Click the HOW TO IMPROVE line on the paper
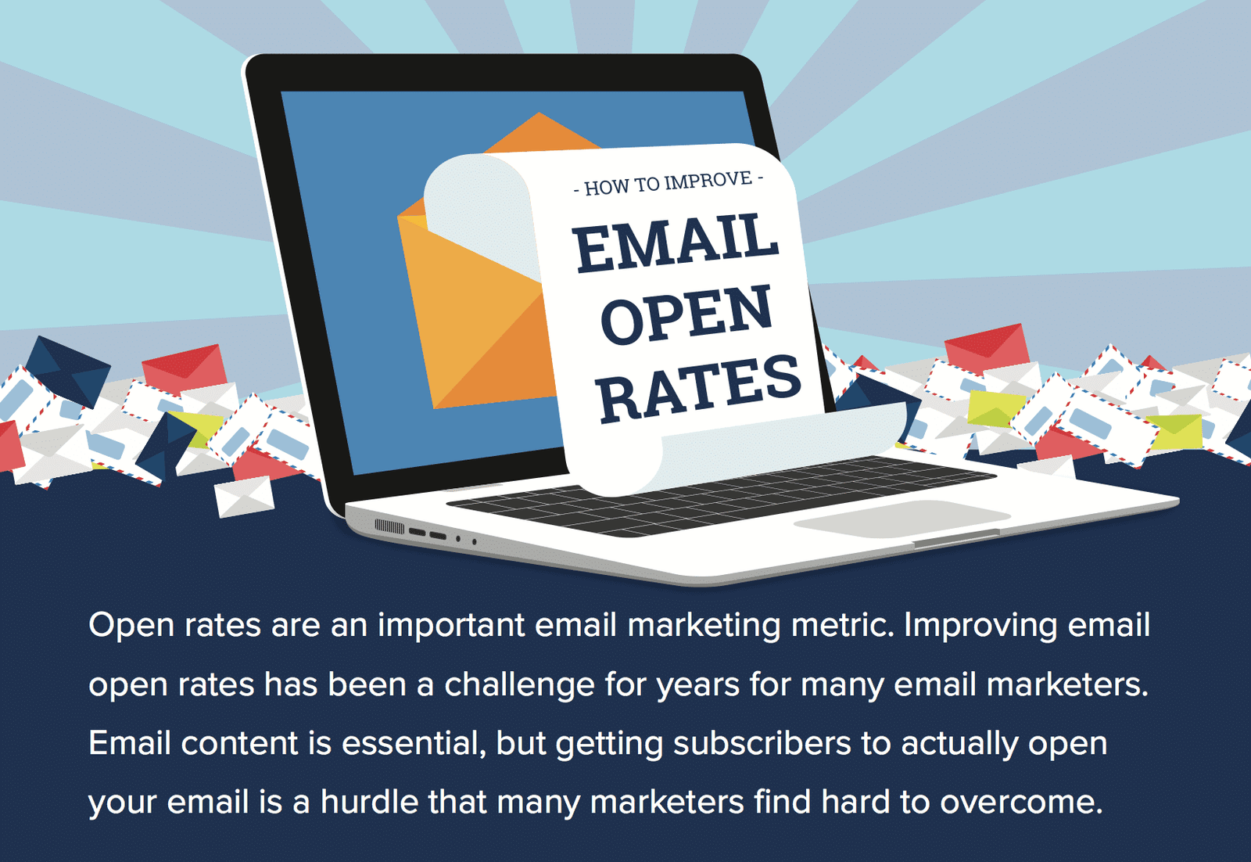[669, 184]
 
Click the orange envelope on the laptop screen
[477, 313]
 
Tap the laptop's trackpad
[899, 518]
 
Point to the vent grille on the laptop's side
[389, 526]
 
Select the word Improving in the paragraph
[980, 626]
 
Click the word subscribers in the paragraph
[762, 743]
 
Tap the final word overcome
[1020, 803]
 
